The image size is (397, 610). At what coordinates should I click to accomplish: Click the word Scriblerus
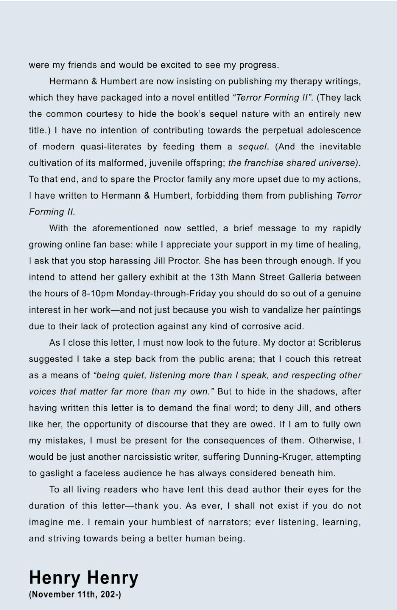tap(339, 343)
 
